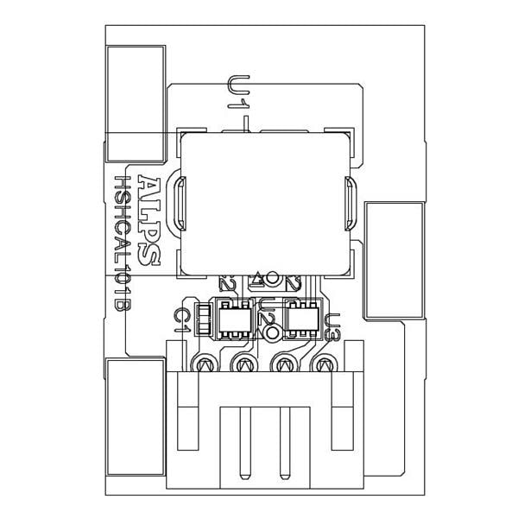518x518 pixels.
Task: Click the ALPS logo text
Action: [x=148, y=223]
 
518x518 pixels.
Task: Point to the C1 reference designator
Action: [x=181, y=319]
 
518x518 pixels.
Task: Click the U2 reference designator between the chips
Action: [x=269, y=320]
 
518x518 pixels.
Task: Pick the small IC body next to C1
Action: [x=232, y=319]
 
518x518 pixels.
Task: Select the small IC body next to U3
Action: [x=301, y=319]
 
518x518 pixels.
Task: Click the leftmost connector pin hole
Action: [x=205, y=365]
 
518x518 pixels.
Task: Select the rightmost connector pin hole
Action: [x=324, y=365]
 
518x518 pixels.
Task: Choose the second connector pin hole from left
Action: [x=244, y=365]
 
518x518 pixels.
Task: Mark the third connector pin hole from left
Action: [x=284, y=365]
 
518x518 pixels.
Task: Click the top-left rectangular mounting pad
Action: [x=135, y=104]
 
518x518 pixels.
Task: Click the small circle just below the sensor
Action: [x=274, y=278]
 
